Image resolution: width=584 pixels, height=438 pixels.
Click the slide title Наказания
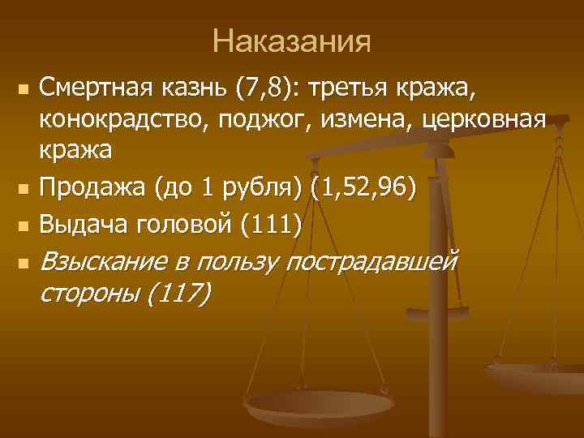pos(292,41)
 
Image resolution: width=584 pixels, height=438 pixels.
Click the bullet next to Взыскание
pos(24,263)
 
